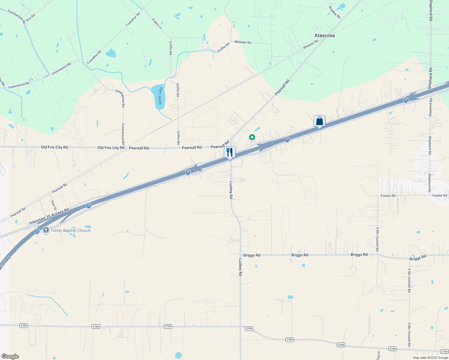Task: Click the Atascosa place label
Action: pyautogui.click(x=324, y=35)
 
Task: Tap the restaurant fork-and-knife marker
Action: pyautogui.click(x=230, y=152)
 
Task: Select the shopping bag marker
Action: pyautogui.click(x=319, y=121)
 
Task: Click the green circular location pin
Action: pyautogui.click(x=252, y=137)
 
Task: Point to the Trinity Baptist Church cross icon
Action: pyautogui.click(x=46, y=230)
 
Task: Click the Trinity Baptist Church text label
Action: pyautogui.click(x=71, y=230)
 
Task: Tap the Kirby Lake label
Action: pyautogui.click(x=160, y=96)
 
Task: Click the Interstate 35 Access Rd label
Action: pyautogui.click(x=49, y=217)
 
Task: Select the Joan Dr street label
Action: pyautogui.click(x=54, y=205)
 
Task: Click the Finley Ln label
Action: pyautogui.click(x=157, y=24)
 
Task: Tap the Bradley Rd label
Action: pyautogui.click(x=334, y=12)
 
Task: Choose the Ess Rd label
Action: pyautogui.click(x=30, y=17)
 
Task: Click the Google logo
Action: pyautogui.click(x=10, y=356)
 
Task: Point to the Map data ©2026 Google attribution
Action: pyautogui.click(x=430, y=358)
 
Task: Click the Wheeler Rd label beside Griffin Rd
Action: pyautogui.click(x=243, y=42)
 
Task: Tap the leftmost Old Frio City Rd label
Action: pyautogui.click(x=54, y=147)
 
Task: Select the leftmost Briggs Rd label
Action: pyautogui.click(x=252, y=255)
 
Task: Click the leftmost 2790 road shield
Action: pyautogui.click(x=23, y=325)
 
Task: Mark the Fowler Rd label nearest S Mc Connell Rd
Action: pyautogui.click(x=388, y=196)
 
